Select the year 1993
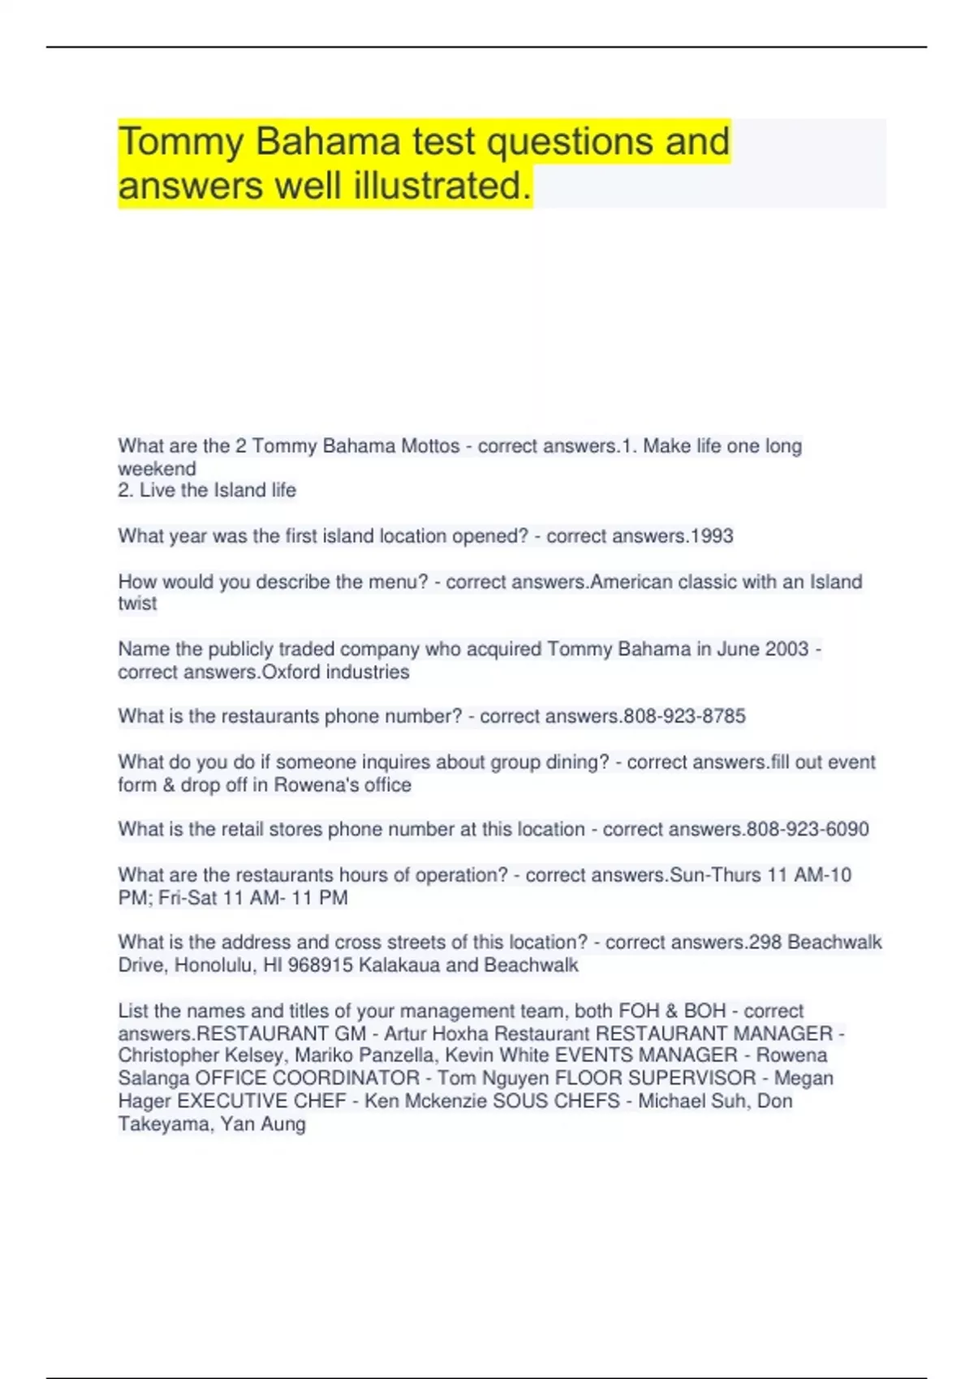pyautogui.click(x=711, y=536)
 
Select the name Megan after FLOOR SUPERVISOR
pyautogui.click(x=804, y=1078)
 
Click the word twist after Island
pyautogui.click(x=137, y=604)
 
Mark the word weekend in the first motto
pyautogui.click(x=157, y=469)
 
